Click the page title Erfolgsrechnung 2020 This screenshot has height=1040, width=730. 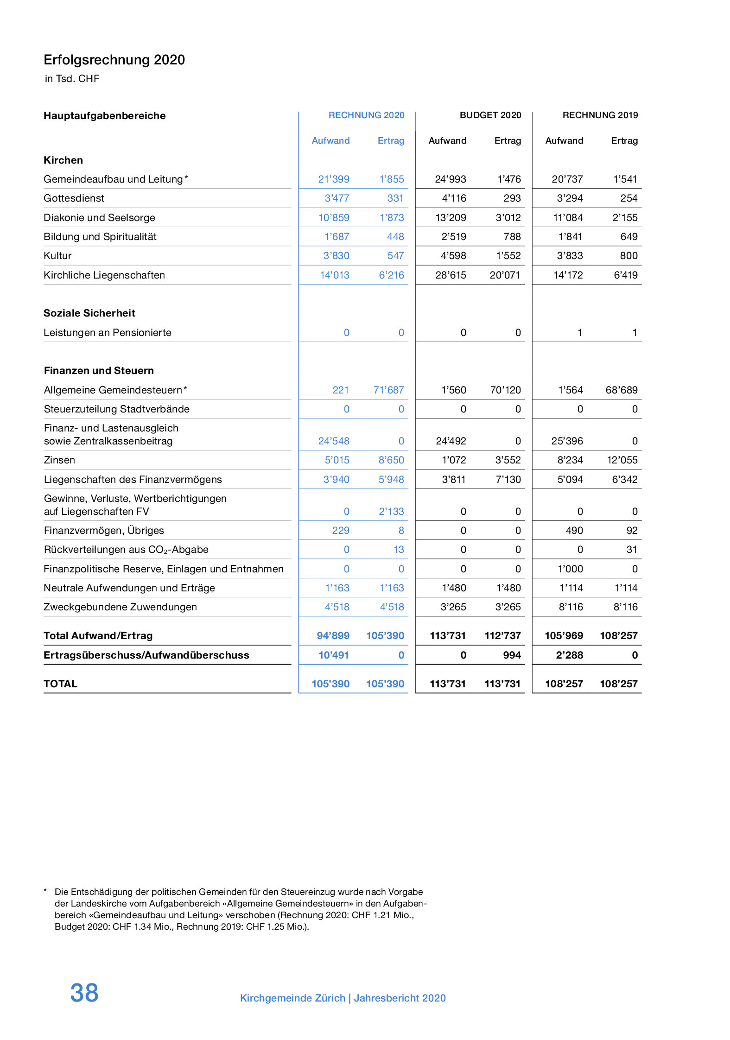point(114,60)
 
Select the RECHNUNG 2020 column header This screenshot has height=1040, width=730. point(366,115)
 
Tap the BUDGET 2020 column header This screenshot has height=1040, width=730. point(490,115)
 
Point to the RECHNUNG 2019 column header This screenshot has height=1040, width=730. point(600,115)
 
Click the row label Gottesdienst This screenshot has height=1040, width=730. point(74,198)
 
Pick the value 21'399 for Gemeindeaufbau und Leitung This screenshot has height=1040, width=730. point(334,179)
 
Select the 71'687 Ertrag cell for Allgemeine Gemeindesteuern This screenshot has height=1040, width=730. point(388,390)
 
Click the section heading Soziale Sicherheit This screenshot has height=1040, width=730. point(89,313)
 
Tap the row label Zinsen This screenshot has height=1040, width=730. point(59,460)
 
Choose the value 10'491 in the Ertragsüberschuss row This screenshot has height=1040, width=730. point(334,655)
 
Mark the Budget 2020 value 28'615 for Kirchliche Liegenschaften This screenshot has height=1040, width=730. point(451,275)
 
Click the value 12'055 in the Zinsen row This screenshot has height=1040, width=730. point(622,460)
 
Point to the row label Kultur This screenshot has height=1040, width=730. point(57,256)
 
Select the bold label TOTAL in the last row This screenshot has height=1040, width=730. point(60,684)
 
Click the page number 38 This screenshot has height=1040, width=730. point(84,993)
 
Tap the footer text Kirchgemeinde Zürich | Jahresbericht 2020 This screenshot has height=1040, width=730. point(343,998)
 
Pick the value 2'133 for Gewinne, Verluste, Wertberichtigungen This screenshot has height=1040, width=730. point(391,512)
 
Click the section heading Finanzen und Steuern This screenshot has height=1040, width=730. point(99,371)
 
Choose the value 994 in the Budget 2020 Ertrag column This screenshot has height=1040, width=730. point(512,655)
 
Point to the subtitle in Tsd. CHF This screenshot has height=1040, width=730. point(72,79)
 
